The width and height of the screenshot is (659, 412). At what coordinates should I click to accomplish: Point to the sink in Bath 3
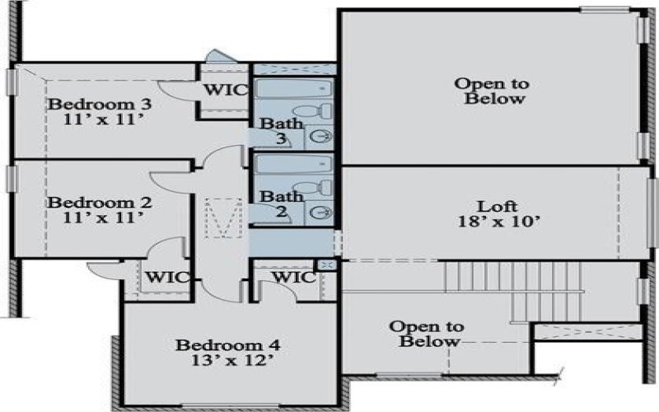[323, 137]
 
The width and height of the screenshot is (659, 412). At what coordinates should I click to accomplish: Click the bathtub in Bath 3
[292, 88]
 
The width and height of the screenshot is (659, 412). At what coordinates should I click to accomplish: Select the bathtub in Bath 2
[292, 163]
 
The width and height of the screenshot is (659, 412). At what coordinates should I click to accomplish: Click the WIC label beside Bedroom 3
[224, 89]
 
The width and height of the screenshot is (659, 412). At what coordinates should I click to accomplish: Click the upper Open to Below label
[492, 91]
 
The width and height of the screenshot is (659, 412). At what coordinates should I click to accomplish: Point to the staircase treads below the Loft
[511, 277]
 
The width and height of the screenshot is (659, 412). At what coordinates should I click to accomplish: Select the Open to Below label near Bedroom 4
[425, 333]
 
